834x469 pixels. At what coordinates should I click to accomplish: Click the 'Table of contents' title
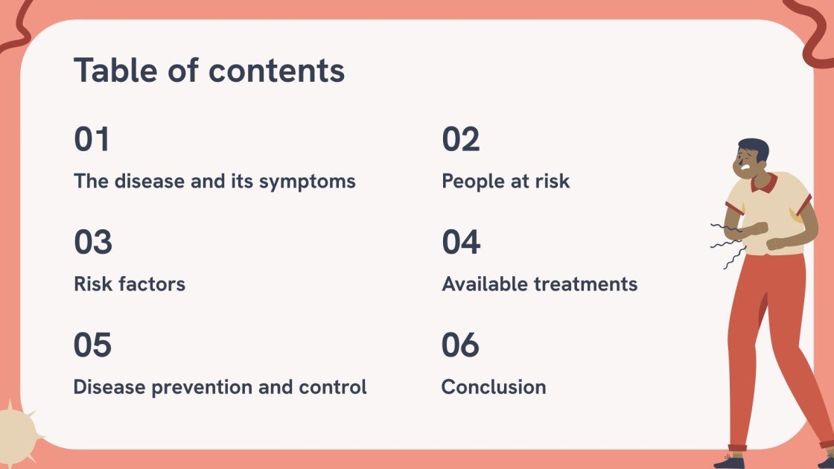(x=209, y=71)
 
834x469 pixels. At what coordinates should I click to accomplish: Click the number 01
(x=92, y=140)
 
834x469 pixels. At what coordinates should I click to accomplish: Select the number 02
(x=461, y=140)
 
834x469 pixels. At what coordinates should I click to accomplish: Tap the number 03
(x=92, y=243)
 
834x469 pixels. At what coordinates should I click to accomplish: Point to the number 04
(x=461, y=243)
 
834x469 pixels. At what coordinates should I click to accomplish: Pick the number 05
(x=92, y=345)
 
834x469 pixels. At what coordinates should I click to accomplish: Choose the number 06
(x=460, y=345)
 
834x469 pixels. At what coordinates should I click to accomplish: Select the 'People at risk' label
(x=506, y=182)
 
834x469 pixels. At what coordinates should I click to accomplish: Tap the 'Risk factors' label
(x=130, y=284)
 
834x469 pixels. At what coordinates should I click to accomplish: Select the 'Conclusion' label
(x=493, y=387)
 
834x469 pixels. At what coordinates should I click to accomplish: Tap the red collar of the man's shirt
(x=765, y=183)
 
